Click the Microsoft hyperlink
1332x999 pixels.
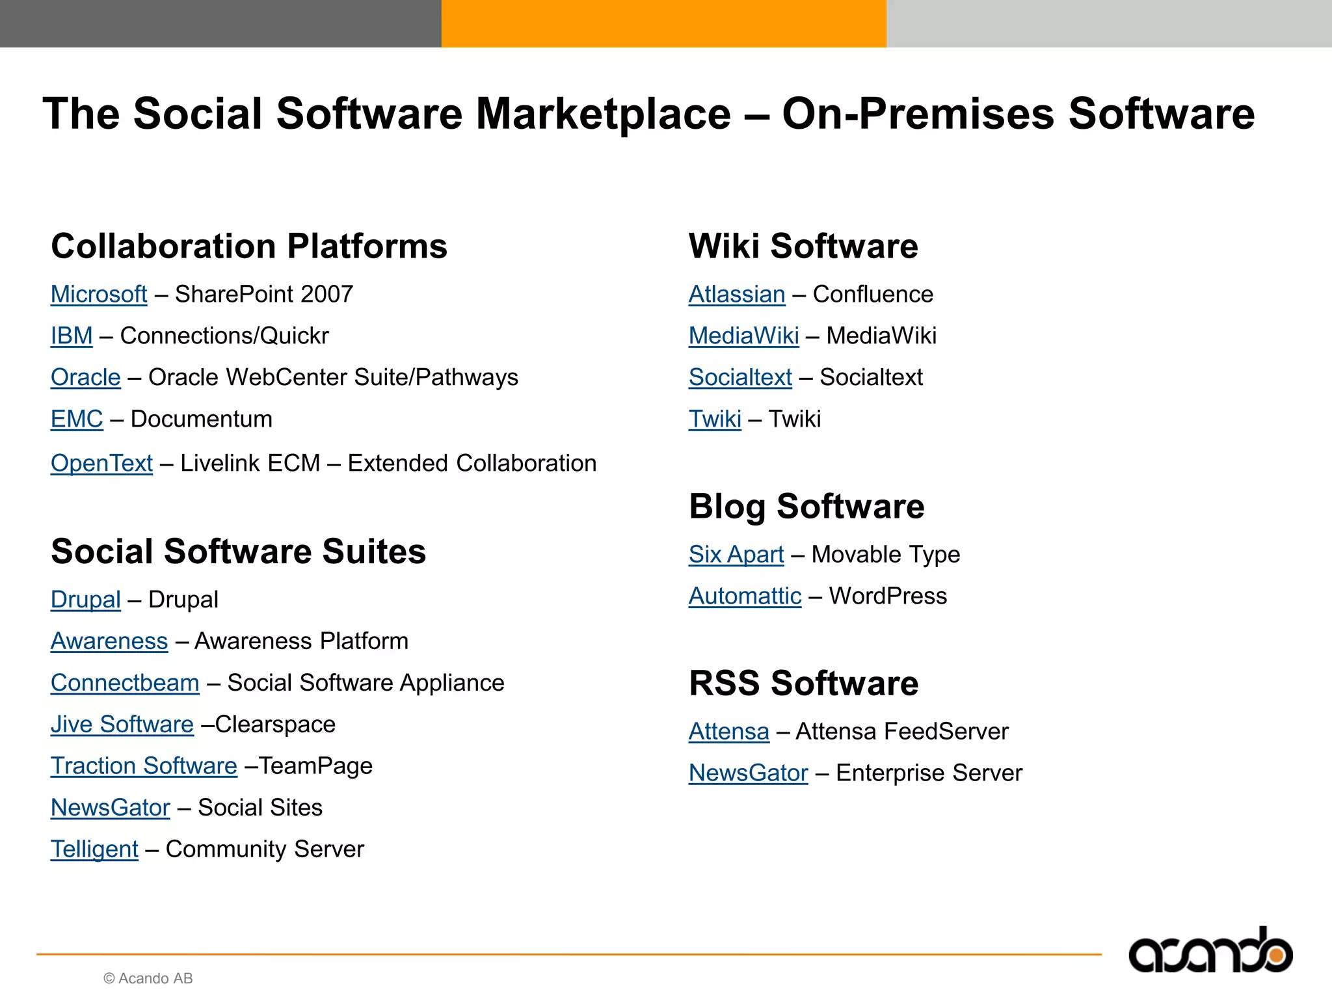(99, 295)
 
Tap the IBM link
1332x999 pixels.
(72, 336)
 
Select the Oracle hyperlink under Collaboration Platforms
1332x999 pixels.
(86, 378)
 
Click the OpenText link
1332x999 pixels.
(101, 464)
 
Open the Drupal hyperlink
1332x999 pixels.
(86, 600)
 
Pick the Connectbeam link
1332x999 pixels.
(125, 683)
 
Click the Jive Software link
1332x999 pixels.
(122, 725)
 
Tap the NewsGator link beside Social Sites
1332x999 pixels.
(111, 808)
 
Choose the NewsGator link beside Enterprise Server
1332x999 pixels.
(748, 773)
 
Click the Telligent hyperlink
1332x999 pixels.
(94, 849)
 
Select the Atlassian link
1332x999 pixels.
(737, 295)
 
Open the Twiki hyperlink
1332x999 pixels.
(715, 420)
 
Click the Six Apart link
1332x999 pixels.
(736, 555)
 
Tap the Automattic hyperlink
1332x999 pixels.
(745, 596)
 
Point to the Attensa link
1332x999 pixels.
(728, 732)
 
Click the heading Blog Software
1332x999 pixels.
(806, 507)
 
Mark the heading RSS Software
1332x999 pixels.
(803, 684)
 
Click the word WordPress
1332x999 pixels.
(888, 596)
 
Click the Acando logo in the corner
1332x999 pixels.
(1210, 952)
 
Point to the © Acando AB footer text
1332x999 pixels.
(148, 978)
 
